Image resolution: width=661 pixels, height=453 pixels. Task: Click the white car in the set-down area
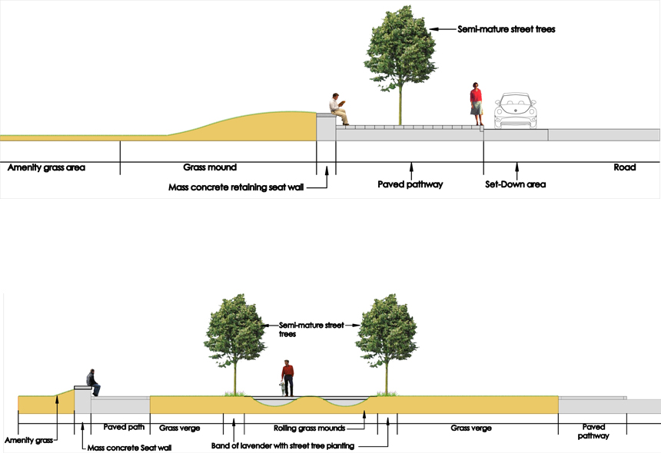pos(516,111)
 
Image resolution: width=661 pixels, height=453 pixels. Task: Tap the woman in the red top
pos(477,103)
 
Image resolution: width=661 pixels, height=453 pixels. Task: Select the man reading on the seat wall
pos(339,108)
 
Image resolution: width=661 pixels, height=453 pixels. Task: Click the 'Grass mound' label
pos(210,167)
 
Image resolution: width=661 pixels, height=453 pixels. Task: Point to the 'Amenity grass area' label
pos(46,167)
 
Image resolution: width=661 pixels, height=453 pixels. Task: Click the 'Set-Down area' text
pos(515,184)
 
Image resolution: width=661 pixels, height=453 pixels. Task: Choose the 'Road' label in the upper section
pos(625,167)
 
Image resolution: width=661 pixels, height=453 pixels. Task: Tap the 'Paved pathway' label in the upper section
pos(410,184)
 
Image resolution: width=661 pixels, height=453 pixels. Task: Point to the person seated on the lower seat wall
pos(93,382)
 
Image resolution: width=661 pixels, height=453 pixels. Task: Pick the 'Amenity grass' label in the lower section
pos(27,441)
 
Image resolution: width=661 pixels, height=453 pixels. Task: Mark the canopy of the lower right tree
pos(386,330)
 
